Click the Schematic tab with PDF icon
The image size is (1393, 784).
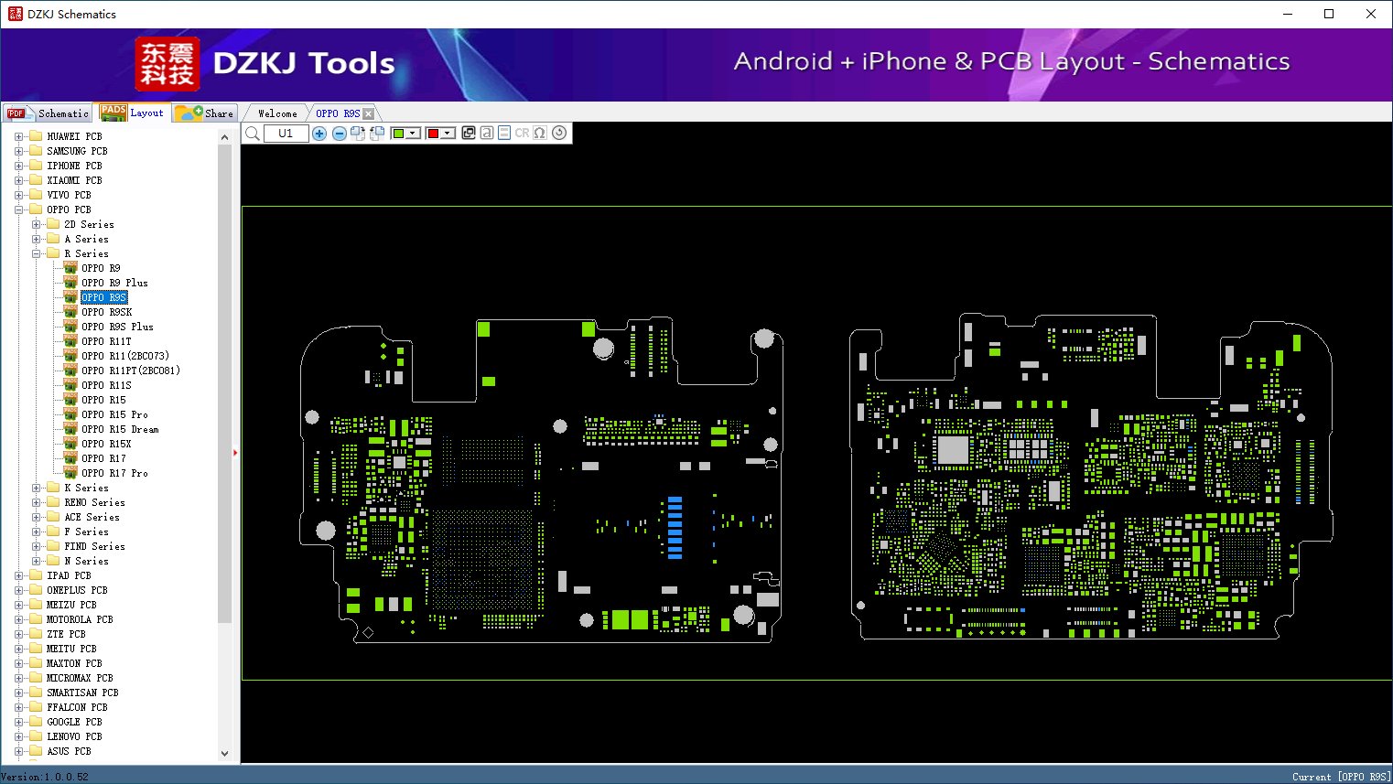[x=49, y=113]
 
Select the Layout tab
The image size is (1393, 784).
[x=131, y=113]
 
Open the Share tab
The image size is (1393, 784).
[x=205, y=113]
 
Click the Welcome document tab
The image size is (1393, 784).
[x=277, y=113]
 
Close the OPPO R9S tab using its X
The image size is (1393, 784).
[x=369, y=113]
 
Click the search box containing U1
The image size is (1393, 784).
[x=286, y=133]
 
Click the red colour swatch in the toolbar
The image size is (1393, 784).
[x=434, y=133]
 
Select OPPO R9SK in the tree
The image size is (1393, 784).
[x=106, y=312]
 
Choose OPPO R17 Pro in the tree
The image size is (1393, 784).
[x=114, y=473]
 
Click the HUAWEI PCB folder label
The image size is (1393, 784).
[x=75, y=136]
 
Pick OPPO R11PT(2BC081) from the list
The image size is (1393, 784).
[x=131, y=371]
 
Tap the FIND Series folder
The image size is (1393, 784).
[x=94, y=546]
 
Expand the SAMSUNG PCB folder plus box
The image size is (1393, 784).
[x=18, y=151]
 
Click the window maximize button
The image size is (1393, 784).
[x=1329, y=14]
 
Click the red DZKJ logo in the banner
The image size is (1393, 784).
[x=167, y=64]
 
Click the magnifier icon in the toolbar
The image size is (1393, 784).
[x=253, y=133]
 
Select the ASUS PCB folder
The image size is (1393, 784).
[x=69, y=751]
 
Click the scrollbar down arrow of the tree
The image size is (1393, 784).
[x=224, y=754]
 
